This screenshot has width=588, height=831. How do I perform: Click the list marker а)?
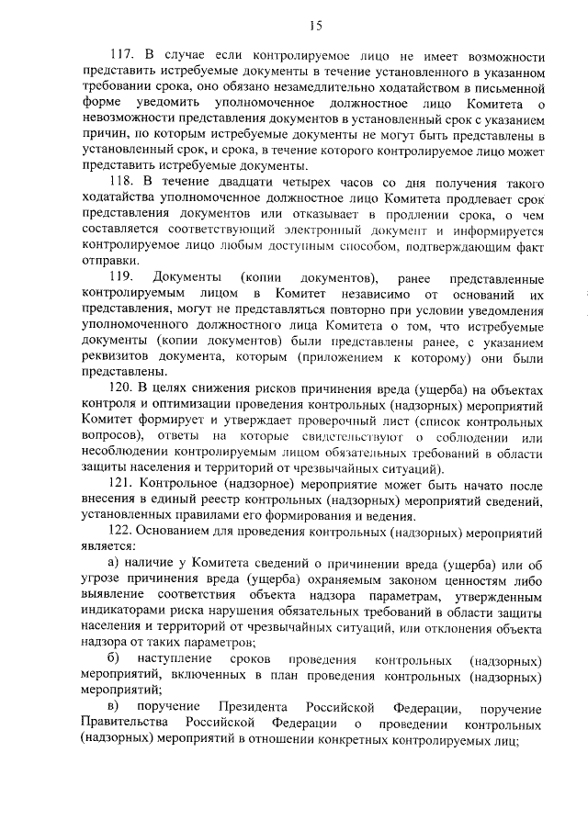pos(114,564)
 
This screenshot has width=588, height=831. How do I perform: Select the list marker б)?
pos(114,659)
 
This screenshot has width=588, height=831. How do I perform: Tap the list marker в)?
pos(114,707)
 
